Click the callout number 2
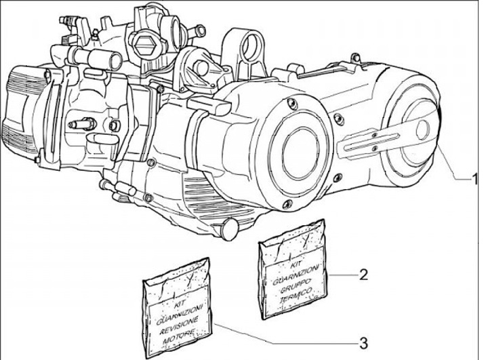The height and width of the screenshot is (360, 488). (363, 275)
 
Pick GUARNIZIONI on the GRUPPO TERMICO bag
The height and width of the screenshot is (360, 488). (293, 273)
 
